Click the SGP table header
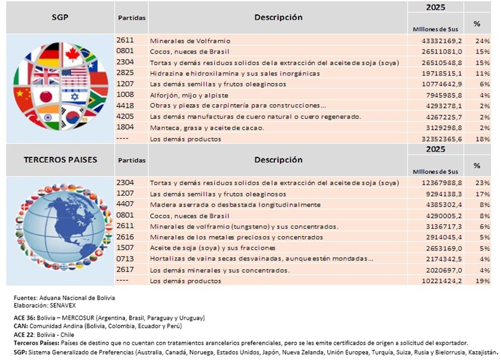60,17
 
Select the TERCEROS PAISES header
60,159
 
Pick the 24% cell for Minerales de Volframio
481,41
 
